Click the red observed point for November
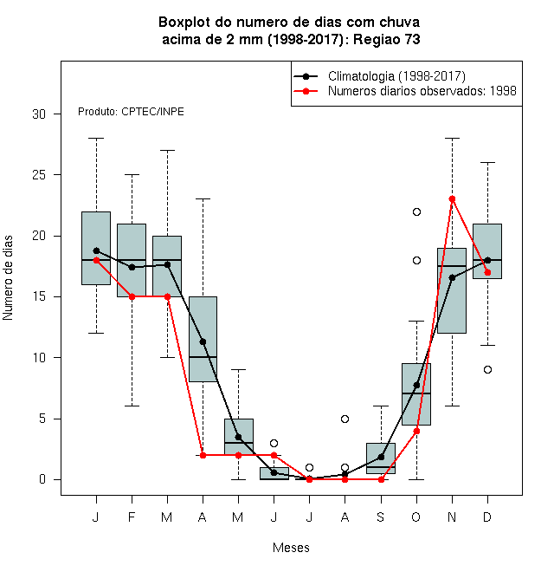(452, 198)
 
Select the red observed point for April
(203, 455)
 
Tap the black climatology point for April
(203, 341)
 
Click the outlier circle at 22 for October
(416, 212)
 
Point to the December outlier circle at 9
(487, 370)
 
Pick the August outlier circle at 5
(345, 419)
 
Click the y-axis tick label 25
(39, 175)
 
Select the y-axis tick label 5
(42, 419)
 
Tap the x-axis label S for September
(381, 517)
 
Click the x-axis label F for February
(132, 517)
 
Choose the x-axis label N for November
(452, 517)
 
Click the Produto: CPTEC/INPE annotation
(131, 112)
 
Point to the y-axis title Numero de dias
(8, 278)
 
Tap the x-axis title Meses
(291, 548)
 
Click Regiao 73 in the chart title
(386, 39)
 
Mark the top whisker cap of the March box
(167, 150)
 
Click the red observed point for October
(416, 432)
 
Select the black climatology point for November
(452, 277)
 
